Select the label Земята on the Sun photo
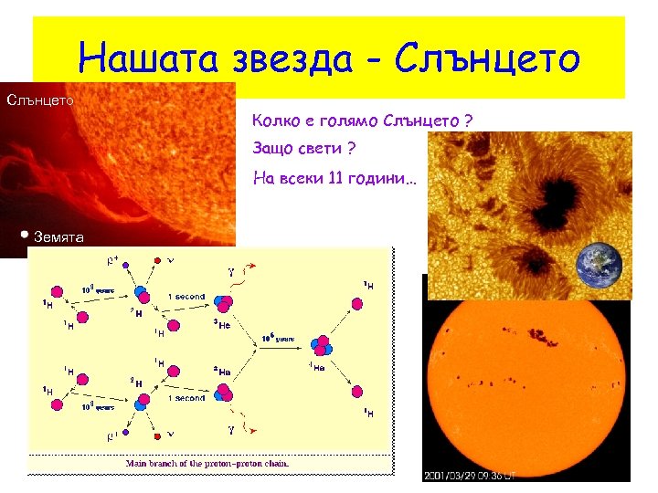pyautogui.click(x=59, y=237)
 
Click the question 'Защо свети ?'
pyautogui.click(x=303, y=149)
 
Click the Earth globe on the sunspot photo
pyautogui.click(x=599, y=266)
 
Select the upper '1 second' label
pyautogui.click(x=186, y=297)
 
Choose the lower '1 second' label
pyautogui.click(x=186, y=398)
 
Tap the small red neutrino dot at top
pyautogui.click(x=160, y=259)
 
